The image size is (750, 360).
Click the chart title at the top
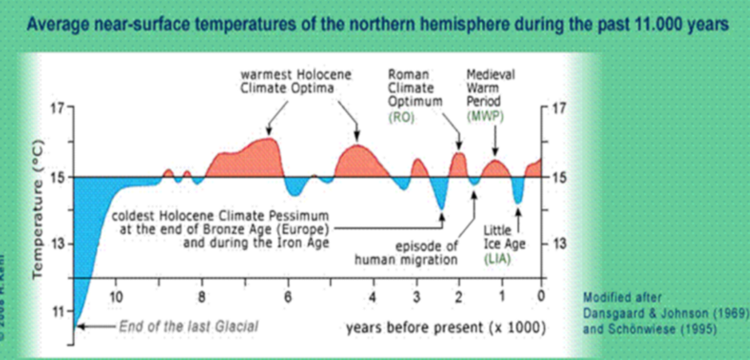tap(377, 25)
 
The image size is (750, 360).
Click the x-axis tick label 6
tap(289, 296)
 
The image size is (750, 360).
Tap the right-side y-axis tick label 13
tap(562, 244)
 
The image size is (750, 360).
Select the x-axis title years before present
tap(446, 328)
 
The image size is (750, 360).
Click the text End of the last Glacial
tap(188, 326)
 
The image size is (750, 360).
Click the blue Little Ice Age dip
tap(518, 192)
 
